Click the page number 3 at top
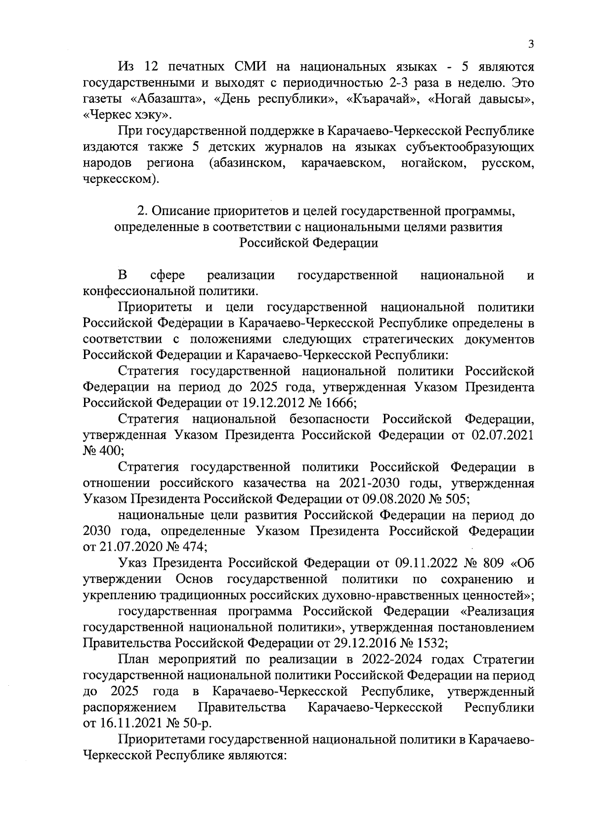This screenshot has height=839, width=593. tap(531, 44)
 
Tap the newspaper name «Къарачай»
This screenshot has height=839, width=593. tap(379, 99)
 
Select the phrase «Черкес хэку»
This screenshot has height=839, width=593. tap(127, 115)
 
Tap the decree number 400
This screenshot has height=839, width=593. tap(107, 451)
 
